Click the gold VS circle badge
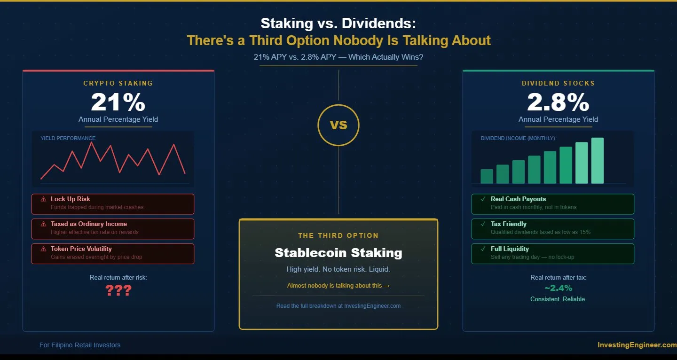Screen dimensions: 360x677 [338, 125]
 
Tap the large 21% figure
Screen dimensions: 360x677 [118, 102]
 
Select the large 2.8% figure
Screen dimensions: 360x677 [558, 102]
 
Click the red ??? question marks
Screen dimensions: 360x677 [118, 291]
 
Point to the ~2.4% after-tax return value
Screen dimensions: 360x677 [558, 288]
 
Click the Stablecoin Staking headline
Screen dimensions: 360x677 [338, 253]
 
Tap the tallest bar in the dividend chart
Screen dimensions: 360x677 [597, 160]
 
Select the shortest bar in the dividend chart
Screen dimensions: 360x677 [487, 176]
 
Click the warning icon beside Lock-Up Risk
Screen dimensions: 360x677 [44, 199]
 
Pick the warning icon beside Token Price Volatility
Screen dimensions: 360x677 [44, 249]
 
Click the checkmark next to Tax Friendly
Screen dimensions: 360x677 [483, 224]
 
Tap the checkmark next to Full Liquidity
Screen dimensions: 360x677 [483, 249]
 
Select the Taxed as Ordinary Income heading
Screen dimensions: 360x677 [89, 224]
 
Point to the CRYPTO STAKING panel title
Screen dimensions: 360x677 [118, 83]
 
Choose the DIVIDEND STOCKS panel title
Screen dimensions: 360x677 [558, 83]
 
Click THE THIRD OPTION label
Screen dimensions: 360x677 [338, 235]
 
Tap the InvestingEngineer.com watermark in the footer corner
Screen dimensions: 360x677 [637, 345]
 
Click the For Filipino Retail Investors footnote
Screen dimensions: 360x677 [80, 345]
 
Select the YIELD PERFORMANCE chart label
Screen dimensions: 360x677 [68, 138]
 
